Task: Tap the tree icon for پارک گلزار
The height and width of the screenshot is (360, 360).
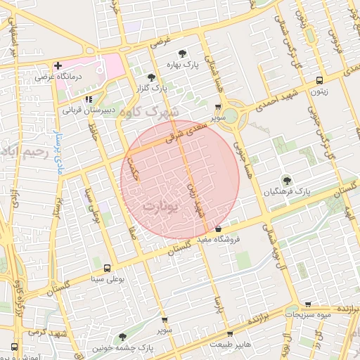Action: [x=152, y=77]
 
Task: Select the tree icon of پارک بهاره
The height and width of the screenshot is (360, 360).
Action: [x=183, y=53]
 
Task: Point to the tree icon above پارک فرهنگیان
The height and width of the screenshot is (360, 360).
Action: [x=286, y=180]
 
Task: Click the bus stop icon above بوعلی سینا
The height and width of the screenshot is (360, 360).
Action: [x=107, y=268]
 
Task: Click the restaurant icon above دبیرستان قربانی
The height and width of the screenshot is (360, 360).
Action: [x=87, y=99]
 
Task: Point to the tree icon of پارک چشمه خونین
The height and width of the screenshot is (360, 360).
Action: [x=124, y=337]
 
